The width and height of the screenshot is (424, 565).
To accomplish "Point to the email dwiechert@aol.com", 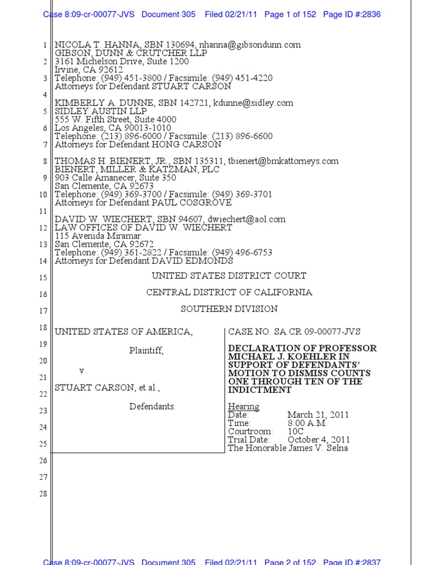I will pyautogui.click(x=247, y=219).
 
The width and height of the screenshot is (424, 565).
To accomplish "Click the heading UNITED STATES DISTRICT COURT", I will pyautogui.click(x=229, y=276).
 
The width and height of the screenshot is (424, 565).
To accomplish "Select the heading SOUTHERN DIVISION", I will pyautogui.click(x=229, y=309).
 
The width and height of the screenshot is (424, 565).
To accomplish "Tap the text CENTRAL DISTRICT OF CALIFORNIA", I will pyautogui.click(x=229, y=292).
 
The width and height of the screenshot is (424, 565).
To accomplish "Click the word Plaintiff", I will pyautogui.click(x=146, y=350).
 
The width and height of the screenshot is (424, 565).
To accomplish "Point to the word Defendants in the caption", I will pyautogui.click(x=152, y=407).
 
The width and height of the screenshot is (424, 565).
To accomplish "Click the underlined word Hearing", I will pyautogui.click(x=243, y=407).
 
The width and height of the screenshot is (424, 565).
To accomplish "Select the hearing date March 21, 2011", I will pyautogui.click(x=318, y=415).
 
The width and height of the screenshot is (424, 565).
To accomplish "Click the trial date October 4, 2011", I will pyautogui.click(x=319, y=440).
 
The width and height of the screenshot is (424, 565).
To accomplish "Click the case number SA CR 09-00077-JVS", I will pyautogui.click(x=315, y=332).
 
